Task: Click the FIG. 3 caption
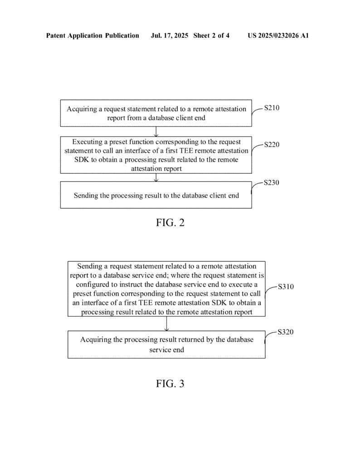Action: point(170,383)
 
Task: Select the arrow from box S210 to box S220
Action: point(156,131)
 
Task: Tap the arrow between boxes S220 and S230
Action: point(156,177)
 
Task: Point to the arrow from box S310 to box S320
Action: point(167,324)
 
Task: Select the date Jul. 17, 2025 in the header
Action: point(170,35)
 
